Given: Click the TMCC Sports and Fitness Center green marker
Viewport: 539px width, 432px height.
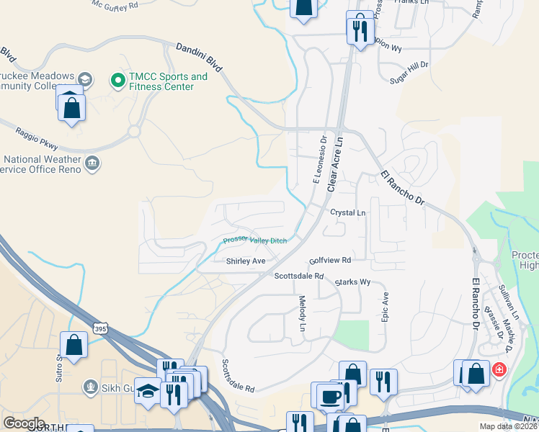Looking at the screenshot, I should coord(116,81).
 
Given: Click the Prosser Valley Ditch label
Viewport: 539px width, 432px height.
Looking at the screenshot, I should coord(254,240).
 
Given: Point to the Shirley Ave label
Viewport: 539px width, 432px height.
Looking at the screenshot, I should coord(246,261).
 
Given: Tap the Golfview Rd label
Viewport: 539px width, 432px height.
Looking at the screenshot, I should coord(329,259).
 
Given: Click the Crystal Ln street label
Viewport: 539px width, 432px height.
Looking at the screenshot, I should coord(348,213).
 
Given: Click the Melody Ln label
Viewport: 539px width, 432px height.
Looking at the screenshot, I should coord(303,314).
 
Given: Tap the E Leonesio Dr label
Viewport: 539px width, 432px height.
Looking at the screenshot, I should coord(320,161).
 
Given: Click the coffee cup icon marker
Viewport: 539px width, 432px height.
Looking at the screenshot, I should coord(331,397).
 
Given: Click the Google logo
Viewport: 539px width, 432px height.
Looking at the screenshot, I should coord(24,423).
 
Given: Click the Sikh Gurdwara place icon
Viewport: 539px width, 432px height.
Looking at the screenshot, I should coord(89,387).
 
